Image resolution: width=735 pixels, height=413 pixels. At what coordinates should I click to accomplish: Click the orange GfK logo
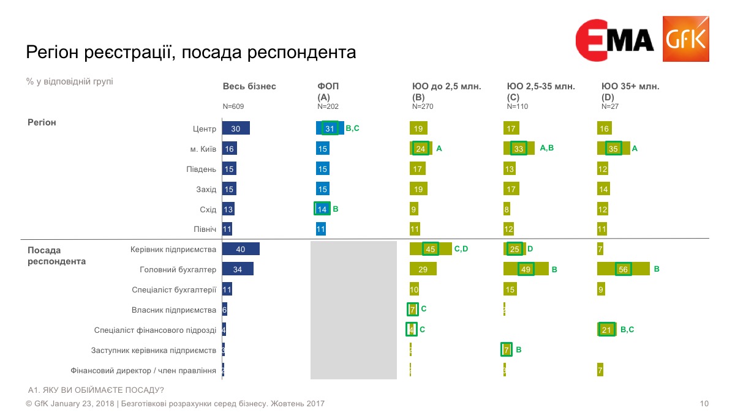pos(686,39)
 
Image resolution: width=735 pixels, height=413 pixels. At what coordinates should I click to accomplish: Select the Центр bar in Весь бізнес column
pos(236,128)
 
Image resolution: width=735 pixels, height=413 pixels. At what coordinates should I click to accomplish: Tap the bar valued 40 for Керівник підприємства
pos(241,249)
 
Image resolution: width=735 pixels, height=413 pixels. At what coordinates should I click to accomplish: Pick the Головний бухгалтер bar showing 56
pos(623,269)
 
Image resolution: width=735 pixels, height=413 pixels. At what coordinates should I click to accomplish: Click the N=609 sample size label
pos(233,106)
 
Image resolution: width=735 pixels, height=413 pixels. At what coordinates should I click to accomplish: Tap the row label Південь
pos(202,169)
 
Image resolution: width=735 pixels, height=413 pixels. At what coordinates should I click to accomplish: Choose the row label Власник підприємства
pos(174,310)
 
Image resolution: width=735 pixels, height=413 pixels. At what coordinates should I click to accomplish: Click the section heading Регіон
pos(42,122)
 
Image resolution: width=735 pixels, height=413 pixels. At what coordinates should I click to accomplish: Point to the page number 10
pos(704,404)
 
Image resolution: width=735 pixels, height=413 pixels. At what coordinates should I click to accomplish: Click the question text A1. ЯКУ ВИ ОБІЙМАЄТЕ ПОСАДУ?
pos(96,390)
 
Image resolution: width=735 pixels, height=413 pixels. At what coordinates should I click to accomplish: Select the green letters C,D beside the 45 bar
pos(461,248)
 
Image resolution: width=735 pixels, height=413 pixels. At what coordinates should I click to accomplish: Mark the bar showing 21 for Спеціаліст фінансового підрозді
pos(606,330)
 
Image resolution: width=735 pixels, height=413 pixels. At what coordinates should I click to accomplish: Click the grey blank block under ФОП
pos(353,310)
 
